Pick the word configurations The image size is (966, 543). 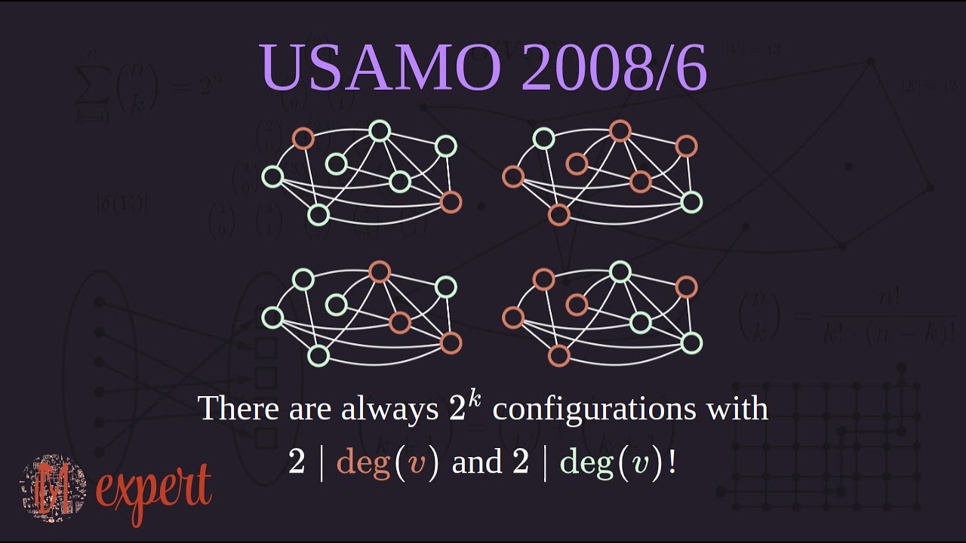coord(601,410)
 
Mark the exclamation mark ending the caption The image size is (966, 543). coord(672,462)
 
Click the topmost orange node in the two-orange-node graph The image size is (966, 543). coord(303,138)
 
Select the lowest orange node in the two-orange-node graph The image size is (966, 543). coord(451,201)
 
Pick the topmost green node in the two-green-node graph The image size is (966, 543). coord(543,138)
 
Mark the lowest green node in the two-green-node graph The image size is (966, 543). coord(691,201)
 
